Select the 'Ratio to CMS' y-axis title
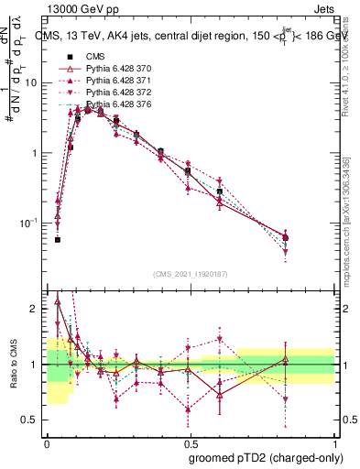13,365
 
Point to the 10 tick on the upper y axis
34,82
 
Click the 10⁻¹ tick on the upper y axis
30,223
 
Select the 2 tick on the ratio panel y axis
37,309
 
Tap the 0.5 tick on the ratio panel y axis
33,420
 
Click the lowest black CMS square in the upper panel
58,239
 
